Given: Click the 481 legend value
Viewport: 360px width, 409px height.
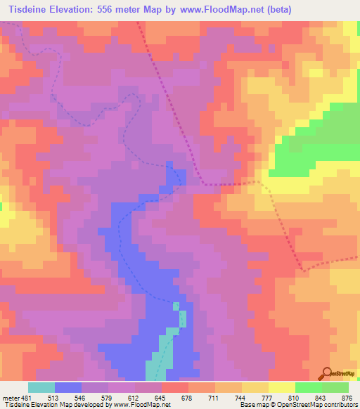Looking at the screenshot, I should click(x=25, y=396).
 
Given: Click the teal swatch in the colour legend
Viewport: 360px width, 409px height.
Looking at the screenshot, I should click(x=41, y=387).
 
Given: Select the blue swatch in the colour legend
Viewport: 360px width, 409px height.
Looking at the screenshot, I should click(x=68, y=387).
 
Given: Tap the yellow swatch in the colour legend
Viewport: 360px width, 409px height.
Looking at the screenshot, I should click(x=282, y=387).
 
